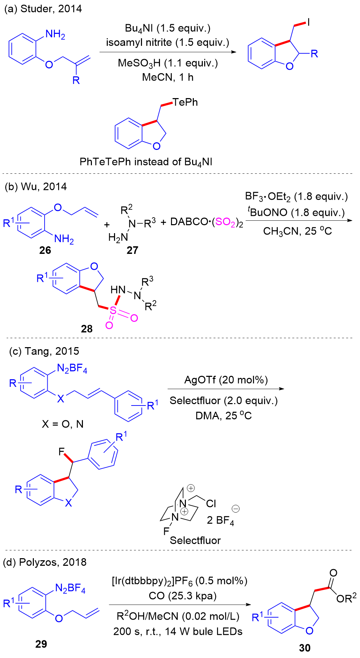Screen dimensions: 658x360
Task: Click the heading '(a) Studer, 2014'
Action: pos(43,9)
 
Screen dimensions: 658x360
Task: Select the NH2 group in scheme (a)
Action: pos(55,35)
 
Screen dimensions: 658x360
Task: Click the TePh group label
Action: pos(185,102)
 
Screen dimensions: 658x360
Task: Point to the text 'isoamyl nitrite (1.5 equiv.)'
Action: pos(168,42)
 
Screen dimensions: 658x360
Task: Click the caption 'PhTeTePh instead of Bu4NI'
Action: pos(146,162)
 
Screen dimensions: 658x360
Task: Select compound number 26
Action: pos(45,250)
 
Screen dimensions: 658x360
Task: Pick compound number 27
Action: pos(132,250)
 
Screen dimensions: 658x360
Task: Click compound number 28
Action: pos(87,328)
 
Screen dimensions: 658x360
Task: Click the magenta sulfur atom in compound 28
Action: pos(113,311)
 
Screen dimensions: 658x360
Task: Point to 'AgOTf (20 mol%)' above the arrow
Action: pos(226,380)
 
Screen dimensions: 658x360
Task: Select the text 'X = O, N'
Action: pos(63,424)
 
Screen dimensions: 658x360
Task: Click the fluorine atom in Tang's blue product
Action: pos(61,451)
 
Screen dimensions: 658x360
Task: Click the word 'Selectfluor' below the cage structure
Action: pos(195,540)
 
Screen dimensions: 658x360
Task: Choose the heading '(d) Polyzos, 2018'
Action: pos(45,562)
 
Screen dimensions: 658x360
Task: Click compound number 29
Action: pos(41,644)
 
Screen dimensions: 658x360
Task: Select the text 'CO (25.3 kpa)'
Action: pos(183,596)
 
